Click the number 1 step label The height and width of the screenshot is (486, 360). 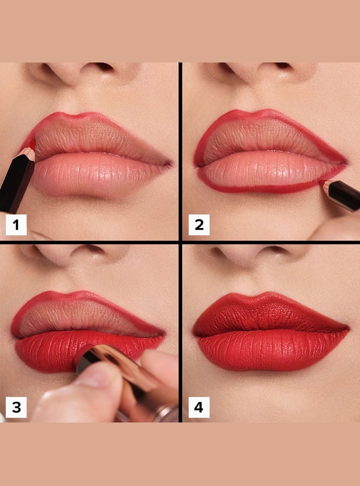(x=16, y=225)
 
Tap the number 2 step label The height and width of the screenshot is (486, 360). (x=199, y=225)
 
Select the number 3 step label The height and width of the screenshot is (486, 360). (x=16, y=407)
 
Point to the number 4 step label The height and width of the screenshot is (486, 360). (x=199, y=407)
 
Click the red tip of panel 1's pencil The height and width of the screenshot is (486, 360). (x=32, y=144)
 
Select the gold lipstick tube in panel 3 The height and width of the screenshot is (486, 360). (x=124, y=381)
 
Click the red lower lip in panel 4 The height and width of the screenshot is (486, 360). (x=270, y=350)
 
